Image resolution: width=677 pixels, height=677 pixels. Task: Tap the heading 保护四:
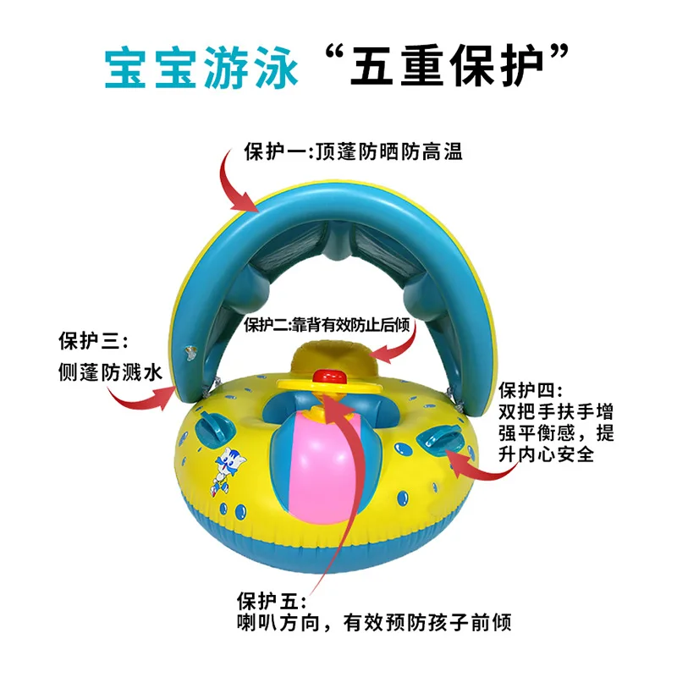[x=529, y=390]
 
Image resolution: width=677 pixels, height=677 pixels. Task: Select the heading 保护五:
[x=269, y=602]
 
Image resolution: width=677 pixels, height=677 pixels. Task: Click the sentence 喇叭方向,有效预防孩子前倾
[x=374, y=624]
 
